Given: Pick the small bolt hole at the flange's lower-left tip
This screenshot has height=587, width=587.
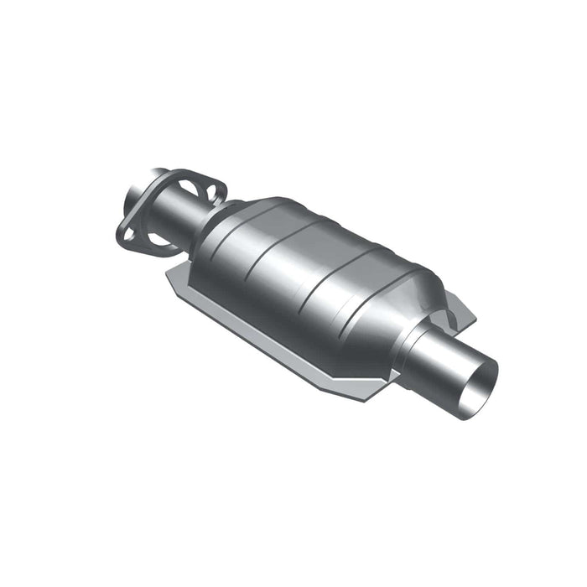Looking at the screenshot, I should [x=128, y=234].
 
